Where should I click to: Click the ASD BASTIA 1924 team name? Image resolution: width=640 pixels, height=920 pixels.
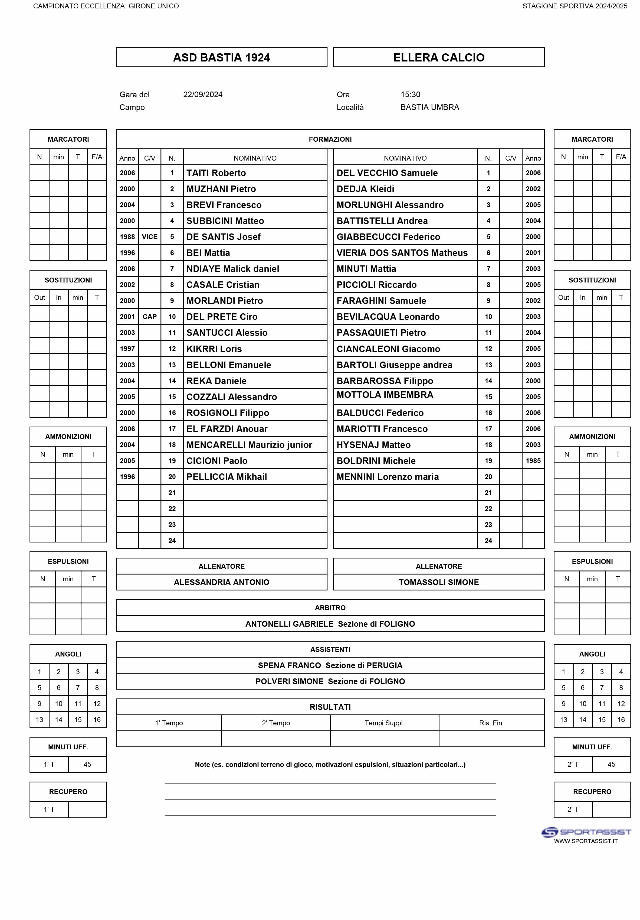[221, 57]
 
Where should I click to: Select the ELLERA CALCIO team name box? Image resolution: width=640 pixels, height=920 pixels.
[439, 57]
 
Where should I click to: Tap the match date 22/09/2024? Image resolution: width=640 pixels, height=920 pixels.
[203, 95]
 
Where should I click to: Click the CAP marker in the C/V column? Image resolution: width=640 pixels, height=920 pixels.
[149, 317]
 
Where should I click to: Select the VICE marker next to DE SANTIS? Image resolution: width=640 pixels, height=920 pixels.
[149, 237]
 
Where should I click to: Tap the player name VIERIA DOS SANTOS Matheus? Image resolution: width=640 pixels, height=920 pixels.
[402, 253]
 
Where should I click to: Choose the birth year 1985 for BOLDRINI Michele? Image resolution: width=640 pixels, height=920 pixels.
[533, 461]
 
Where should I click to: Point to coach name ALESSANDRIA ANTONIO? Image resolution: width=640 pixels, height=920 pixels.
[221, 582]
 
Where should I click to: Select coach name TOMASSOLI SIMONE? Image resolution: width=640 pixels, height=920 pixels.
[439, 582]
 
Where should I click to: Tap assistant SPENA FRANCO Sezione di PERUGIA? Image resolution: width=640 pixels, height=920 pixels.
[330, 665]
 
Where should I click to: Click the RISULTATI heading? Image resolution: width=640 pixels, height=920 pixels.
[330, 707]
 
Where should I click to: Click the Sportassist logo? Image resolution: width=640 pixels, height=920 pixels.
[586, 832]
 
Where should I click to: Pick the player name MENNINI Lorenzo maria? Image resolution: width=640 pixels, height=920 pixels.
[387, 477]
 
